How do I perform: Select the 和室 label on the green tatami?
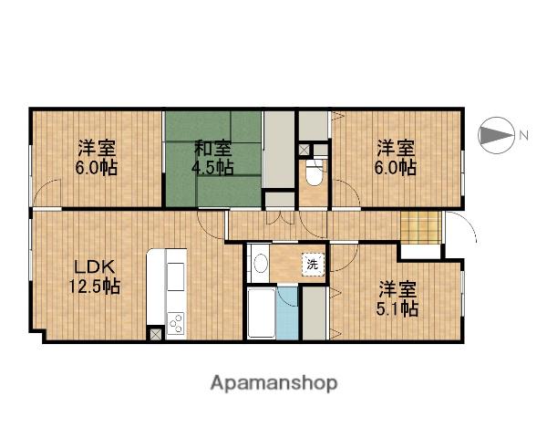coord(212,148)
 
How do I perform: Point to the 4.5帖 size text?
coord(212,168)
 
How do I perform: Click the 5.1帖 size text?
coord(397,308)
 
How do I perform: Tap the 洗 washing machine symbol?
coord(313,265)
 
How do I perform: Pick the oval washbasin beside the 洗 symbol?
coord(261,264)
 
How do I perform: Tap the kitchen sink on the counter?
coord(175,276)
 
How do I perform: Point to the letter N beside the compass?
coord(524,137)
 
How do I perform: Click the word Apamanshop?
coord(273,382)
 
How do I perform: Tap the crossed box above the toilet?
coord(304,149)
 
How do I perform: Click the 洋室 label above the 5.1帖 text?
coord(397,288)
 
